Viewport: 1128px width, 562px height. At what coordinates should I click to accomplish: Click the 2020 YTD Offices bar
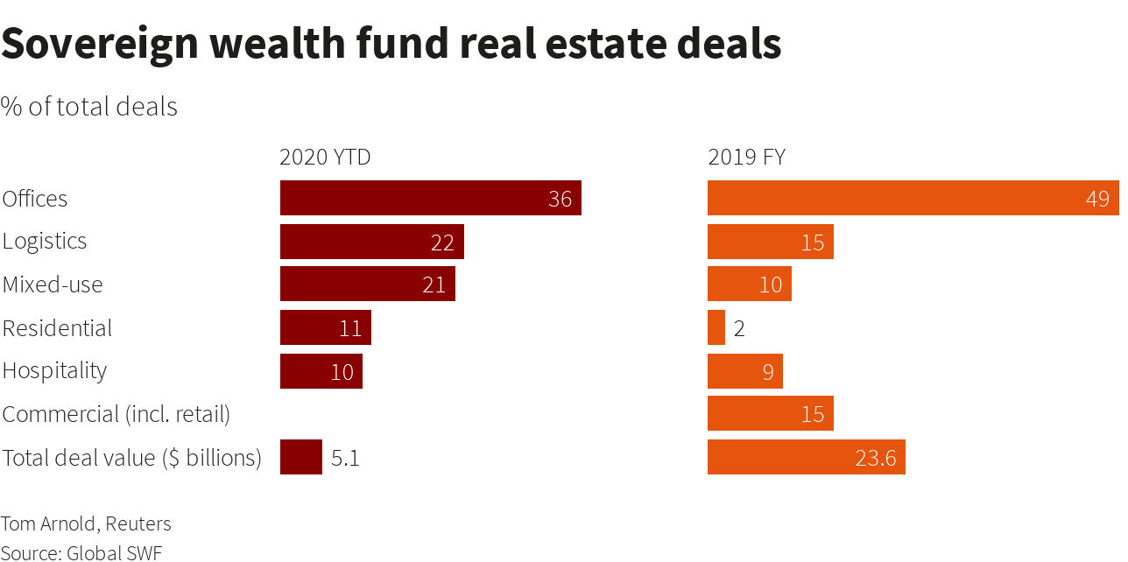[x=430, y=198]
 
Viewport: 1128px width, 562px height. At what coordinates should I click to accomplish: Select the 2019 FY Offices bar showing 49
[x=913, y=198]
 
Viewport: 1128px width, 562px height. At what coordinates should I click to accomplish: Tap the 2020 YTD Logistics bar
[x=371, y=242]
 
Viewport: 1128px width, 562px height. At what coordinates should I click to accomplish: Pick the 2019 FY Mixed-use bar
[x=749, y=285]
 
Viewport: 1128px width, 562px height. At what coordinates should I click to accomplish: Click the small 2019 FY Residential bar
[x=716, y=327]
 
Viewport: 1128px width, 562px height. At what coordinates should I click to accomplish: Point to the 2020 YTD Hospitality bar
[x=321, y=371]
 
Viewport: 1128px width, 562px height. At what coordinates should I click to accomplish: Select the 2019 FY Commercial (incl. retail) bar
[x=770, y=413]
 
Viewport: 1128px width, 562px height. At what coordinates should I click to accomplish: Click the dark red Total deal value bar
[x=301, y=457]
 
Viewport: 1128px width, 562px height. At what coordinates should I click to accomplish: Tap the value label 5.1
[x=345, y=458]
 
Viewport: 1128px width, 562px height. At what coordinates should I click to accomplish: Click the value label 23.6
[x=875, y=458]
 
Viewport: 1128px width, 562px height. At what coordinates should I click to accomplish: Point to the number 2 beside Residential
[x=739, y=328]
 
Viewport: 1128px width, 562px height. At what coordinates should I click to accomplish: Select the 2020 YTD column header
[x=325, y=158]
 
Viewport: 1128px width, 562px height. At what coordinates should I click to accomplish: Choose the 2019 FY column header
[x=746, y=158]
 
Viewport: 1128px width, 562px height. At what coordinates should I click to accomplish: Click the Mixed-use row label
[x=53, y=285]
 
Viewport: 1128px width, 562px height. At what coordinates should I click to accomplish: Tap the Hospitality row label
[x=54, y=370]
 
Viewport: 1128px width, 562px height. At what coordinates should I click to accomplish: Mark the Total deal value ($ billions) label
[x=132, y=457]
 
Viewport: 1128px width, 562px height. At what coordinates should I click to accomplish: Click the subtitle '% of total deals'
[x=89, y=107]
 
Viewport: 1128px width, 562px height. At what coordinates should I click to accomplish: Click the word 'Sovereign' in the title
[x=100, y=44]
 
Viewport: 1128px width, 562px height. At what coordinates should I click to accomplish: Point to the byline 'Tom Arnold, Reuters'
[x=86, y=523]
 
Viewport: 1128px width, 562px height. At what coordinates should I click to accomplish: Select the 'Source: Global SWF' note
[x=81, y=552]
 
